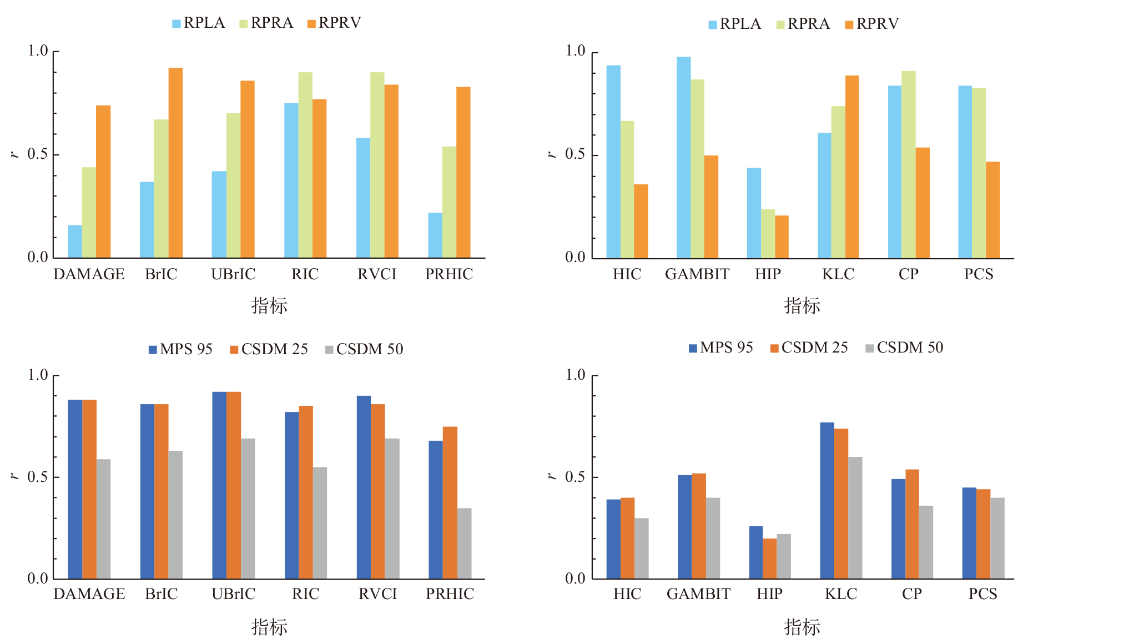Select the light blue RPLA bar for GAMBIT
683,158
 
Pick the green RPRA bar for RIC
305,165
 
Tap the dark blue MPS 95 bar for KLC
826,501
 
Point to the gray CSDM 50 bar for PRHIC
464,544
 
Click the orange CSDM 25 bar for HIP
769,559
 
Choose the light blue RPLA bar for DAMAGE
75,241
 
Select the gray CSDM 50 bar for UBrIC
248,509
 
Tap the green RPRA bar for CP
908,164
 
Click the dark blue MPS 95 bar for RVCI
364,487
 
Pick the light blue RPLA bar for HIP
754,213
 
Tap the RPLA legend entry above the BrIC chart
198,23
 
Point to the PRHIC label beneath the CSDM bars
450,594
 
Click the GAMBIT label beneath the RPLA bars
697,274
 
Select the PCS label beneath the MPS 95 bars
982,594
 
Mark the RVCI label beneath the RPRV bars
377,274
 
